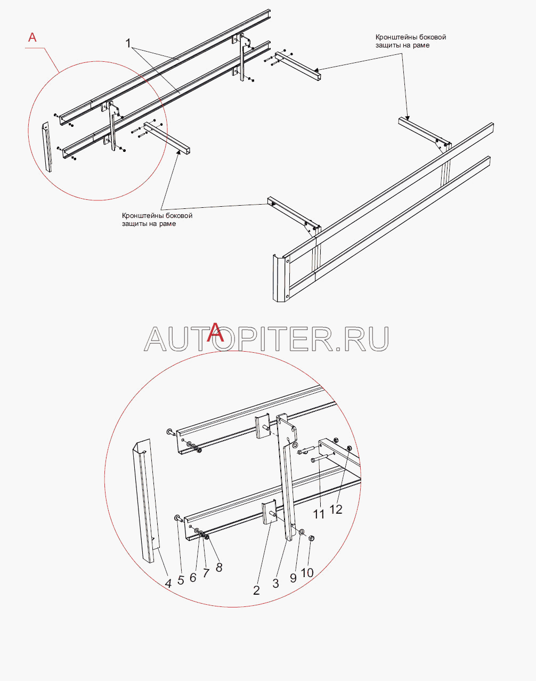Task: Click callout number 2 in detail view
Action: pos(256,590)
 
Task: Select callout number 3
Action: pos(275,583)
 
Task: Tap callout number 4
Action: pos(168,583)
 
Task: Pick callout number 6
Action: pos(193,578)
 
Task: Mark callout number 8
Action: pos(219,568)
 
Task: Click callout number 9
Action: pos(293,578)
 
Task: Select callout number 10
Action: pos(307,573)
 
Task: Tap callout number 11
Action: pos(319,514)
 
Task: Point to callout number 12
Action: pos(336,509)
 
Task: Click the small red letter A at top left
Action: pos(33,37)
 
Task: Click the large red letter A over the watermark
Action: pos(217,333)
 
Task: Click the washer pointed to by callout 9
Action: pos(302,531)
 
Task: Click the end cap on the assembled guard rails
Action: pos(280,279)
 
